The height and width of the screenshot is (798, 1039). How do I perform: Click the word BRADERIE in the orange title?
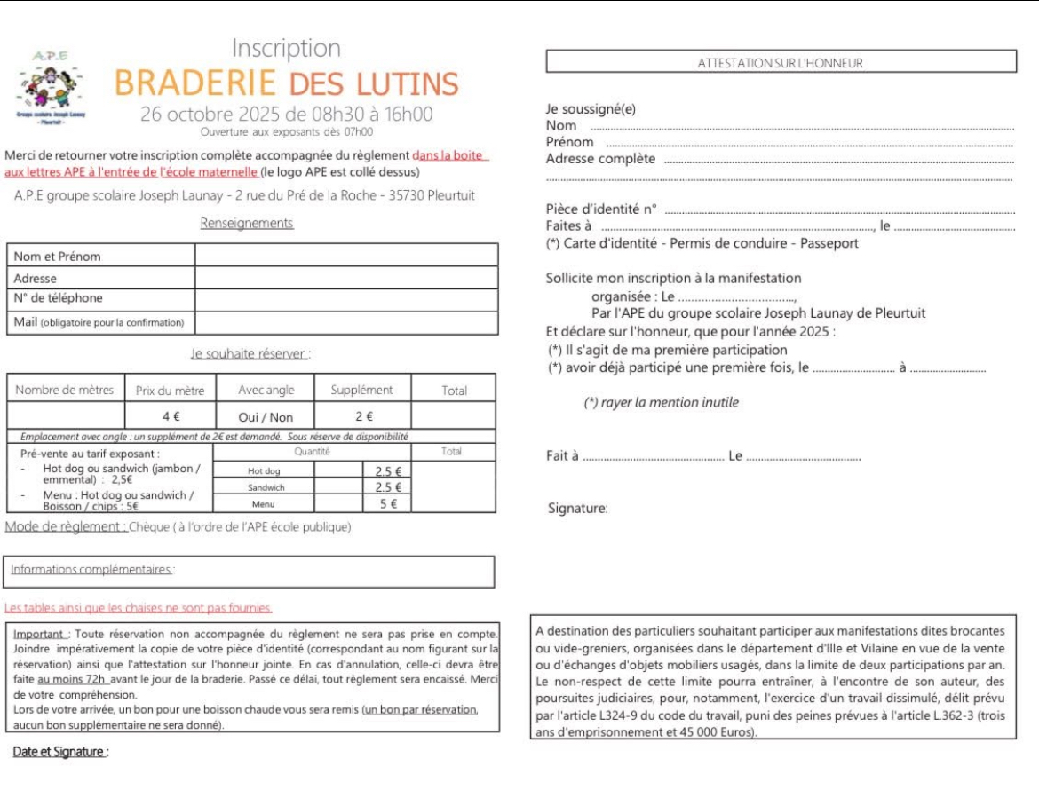[x=195, y=83]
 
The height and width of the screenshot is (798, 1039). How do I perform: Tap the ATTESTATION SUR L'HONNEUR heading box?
[x=781, y=62]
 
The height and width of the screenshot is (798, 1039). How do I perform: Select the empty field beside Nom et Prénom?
[x=346, y=256]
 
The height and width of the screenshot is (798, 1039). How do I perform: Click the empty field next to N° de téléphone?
[x=346, y=299]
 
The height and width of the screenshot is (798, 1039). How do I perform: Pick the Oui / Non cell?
[x=266, y=416]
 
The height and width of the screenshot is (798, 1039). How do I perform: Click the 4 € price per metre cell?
[x=171, y=416]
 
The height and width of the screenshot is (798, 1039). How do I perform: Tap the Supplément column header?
[x=361, y=390]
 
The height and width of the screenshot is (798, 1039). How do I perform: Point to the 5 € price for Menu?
[x=388, y=503]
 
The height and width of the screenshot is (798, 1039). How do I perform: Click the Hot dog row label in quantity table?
[x=264, y=471]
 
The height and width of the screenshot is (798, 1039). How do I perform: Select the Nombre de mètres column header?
[x=65, y=390]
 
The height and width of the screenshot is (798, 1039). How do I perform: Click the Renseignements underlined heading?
[x=247, y=223]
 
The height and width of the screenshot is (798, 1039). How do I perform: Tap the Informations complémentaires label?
[x=92, y=569]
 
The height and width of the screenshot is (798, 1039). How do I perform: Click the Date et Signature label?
[x=60, y=752]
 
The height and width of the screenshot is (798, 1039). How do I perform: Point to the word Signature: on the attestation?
[x=578, y=509]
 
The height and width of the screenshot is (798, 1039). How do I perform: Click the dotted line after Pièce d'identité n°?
[x=839, y=211]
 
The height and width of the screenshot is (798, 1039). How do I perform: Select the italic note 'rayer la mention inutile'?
[x=661, y=402]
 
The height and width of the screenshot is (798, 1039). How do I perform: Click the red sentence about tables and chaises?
[x=139, y=608]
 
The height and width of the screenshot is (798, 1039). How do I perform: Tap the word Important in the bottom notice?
[x=40, y=635]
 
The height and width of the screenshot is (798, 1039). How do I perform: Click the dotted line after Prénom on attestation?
[x=808, y=144]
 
